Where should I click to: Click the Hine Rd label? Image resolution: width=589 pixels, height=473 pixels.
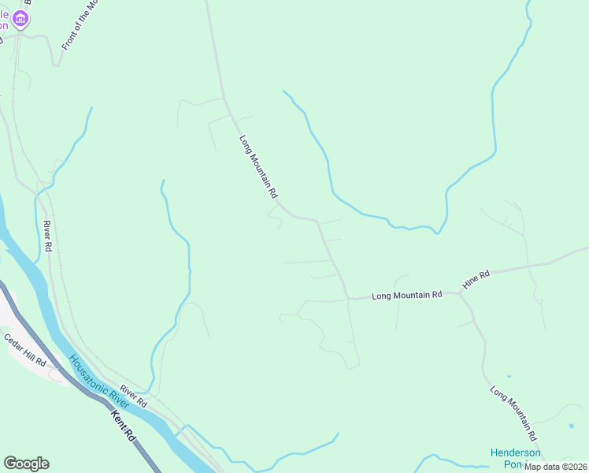coord(476,278)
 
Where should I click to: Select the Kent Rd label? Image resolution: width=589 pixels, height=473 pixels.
coord(123,425)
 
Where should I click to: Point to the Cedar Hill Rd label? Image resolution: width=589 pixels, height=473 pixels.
coord(25,350)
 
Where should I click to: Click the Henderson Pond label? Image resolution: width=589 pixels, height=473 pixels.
coord(515,458)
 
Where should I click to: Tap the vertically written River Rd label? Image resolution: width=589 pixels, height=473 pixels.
coord(48,236)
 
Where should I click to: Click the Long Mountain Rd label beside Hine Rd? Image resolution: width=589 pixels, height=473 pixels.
coord(406,295)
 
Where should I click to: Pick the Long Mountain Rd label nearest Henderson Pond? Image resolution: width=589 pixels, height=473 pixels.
coord(513,413)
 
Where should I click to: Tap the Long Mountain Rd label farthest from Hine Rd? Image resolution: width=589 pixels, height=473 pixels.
coord(259,166)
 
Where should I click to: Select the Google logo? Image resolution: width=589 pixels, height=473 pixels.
coord(26,464)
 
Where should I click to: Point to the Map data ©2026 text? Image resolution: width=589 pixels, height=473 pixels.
coord(556,467)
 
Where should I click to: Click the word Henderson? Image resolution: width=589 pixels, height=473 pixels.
coord(515,453)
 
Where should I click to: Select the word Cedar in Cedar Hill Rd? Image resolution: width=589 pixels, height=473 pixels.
coord(15,343)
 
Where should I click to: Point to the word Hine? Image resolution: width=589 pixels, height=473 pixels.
coord(472,281)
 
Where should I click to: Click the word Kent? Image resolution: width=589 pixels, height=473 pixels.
coord(119,419)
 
